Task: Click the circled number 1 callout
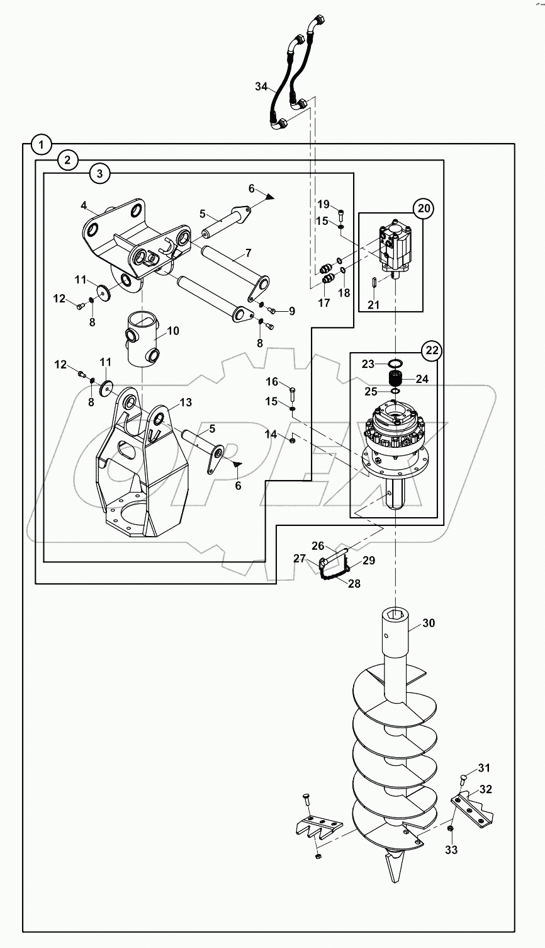tap(41, 145)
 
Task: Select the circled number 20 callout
tap(424, 208)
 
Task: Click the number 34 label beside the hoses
tap(261, 87)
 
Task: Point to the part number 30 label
tap(429, 623)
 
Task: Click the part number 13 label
tap(186, 403)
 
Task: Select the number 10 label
tap(173, 331)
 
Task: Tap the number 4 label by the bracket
tap(84, 206)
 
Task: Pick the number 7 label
tap(248, 253)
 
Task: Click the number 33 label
tap(452, 850)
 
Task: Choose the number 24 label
tap(422, 379)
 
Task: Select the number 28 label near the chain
tap(354, 583)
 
